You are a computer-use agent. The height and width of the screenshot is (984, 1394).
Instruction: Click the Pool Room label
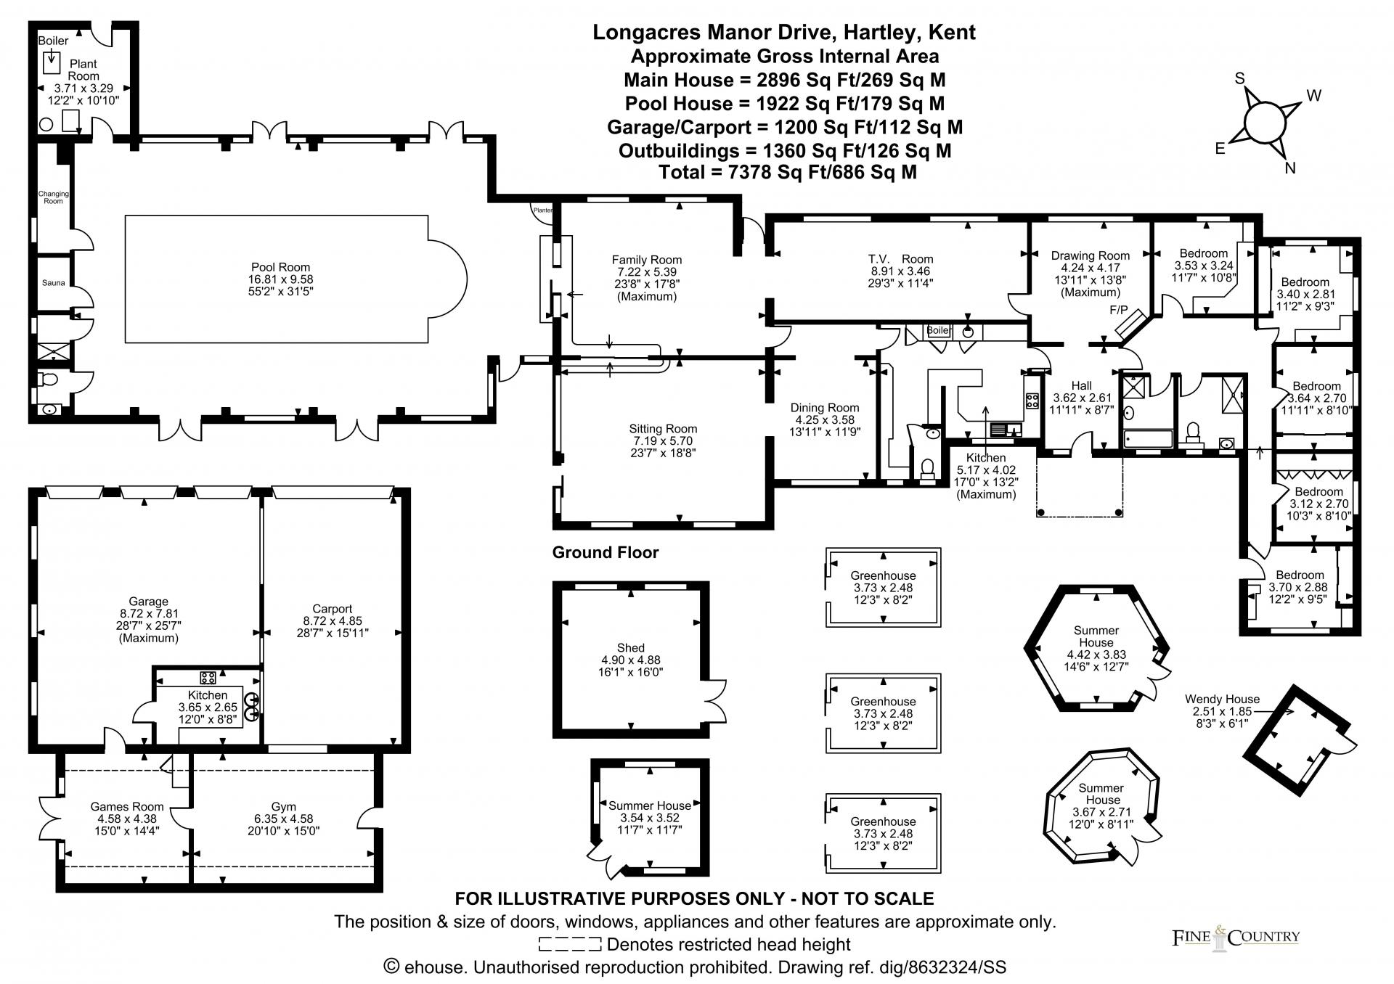(280, 267)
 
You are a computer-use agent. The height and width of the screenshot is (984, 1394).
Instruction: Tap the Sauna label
(53, 283)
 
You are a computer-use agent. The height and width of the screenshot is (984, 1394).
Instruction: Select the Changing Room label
(54, 197)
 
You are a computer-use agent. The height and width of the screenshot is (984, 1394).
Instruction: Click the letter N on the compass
(1290, 168)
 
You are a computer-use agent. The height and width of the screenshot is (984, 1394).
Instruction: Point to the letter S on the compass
(1240, 79)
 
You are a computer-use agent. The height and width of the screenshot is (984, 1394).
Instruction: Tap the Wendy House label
(1222, 700)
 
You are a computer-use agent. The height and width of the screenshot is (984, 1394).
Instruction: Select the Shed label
(630, 648)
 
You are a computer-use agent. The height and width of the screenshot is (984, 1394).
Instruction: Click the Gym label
(284, 807)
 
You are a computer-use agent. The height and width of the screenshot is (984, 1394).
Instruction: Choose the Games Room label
(127, 807)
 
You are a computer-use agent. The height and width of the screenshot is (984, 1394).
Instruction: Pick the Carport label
(333, 609)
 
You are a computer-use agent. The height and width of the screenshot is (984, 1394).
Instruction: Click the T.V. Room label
(900, 259)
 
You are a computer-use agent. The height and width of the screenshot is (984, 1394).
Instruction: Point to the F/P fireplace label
(1119, 311)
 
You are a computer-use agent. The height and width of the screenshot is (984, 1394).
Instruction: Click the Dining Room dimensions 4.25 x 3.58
(825, 419)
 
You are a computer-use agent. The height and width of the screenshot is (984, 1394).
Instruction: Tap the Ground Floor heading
(606, 553)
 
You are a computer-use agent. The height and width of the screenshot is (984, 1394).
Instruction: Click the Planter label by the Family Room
(543, 210)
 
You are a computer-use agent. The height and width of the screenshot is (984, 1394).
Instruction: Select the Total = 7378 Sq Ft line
(788, 172)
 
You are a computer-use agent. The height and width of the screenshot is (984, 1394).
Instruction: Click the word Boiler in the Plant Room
(53, 41)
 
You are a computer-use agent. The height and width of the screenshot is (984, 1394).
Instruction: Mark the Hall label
(1081, 386)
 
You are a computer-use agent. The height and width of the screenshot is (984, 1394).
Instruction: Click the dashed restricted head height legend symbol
(570, 944)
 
